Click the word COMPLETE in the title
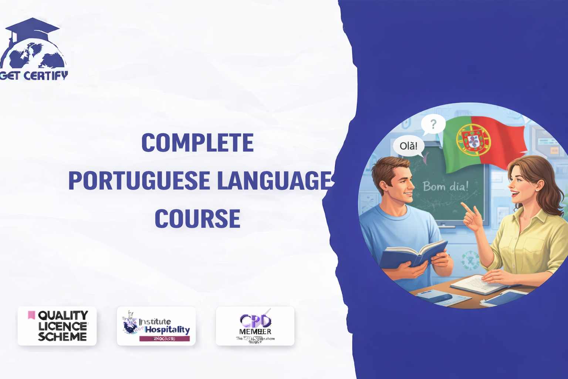(197, 143)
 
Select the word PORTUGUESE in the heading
(139, 181)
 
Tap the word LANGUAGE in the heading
(274, 181)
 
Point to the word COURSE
(197, 218)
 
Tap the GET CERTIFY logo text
(34, 76)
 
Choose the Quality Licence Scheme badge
(57, 326)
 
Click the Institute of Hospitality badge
(156, 326)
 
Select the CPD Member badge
(255, 326)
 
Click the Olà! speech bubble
(408, 146)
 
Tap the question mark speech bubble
(433, 124)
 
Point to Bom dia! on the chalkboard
(446, 186)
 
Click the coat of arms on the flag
(473, 140)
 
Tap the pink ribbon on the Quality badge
(31, 315)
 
